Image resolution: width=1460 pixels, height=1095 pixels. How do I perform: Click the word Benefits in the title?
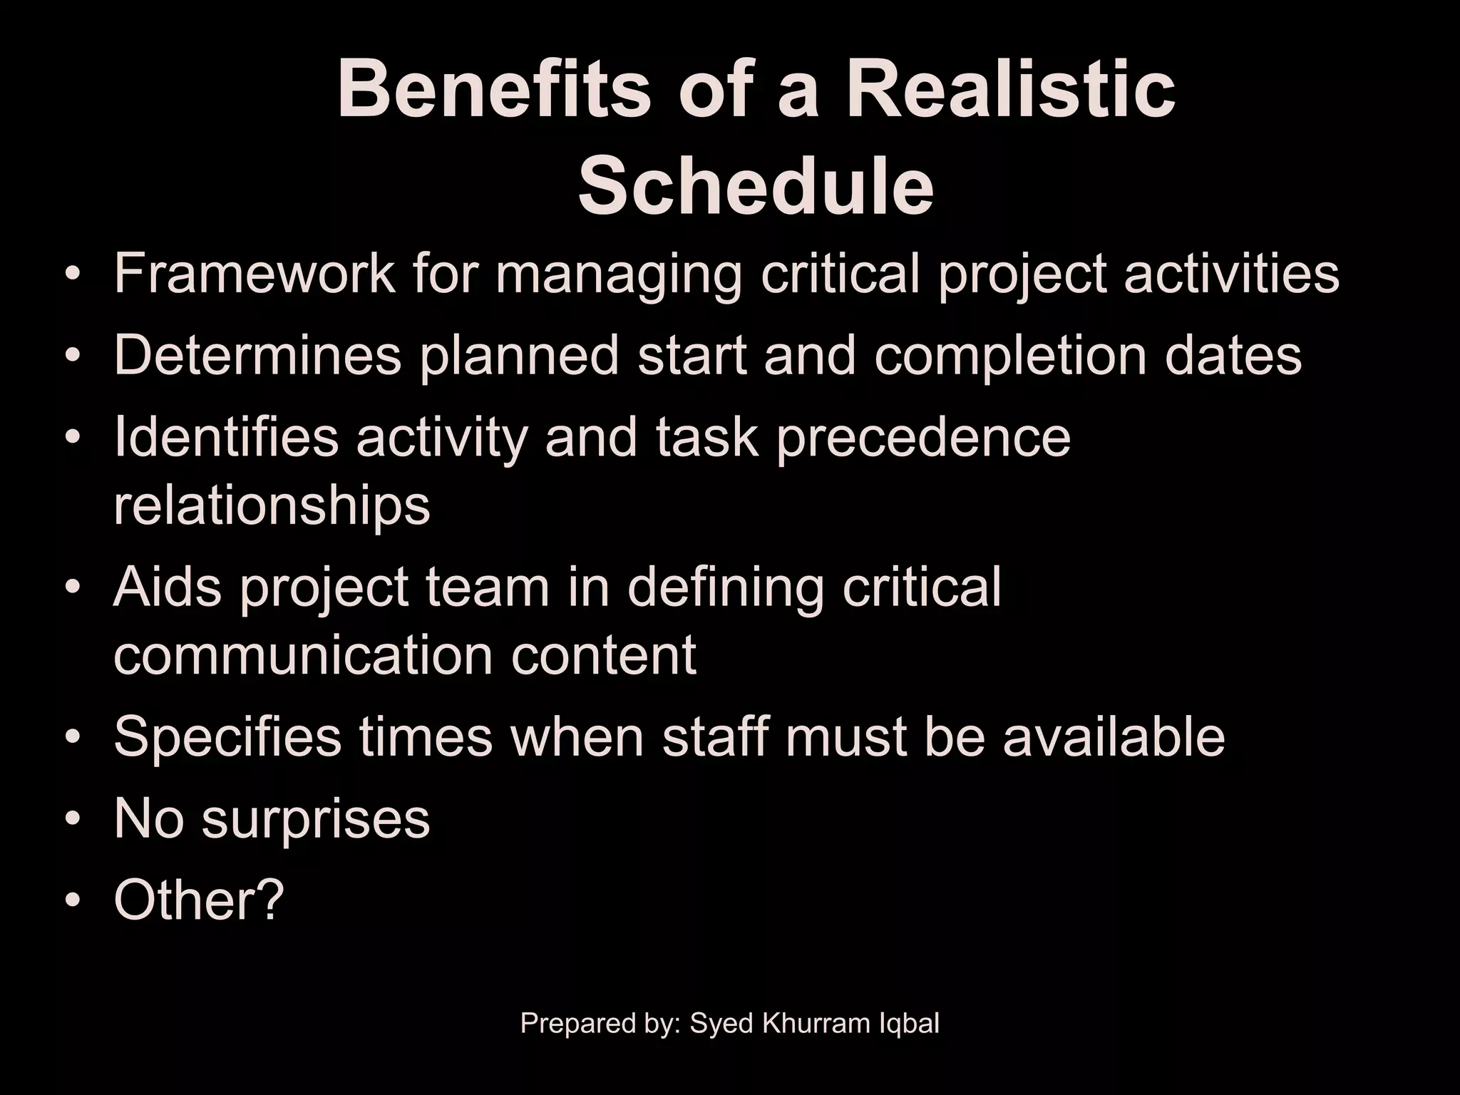pos(493,91)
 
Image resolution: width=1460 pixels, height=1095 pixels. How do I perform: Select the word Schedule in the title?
pos(756,187)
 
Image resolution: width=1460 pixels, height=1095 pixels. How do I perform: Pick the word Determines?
pos(257,355)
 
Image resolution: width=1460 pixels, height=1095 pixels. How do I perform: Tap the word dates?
pos(1233,355)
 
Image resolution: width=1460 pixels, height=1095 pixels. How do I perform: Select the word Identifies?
pos(226,436)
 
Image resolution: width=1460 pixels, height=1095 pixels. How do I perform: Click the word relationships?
pos(272,505)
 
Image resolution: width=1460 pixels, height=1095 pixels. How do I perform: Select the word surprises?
pos(316,820)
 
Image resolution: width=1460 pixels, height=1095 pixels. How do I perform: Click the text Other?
pos(199,900)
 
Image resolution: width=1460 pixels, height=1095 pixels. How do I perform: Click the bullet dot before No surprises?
pos(72,820)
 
